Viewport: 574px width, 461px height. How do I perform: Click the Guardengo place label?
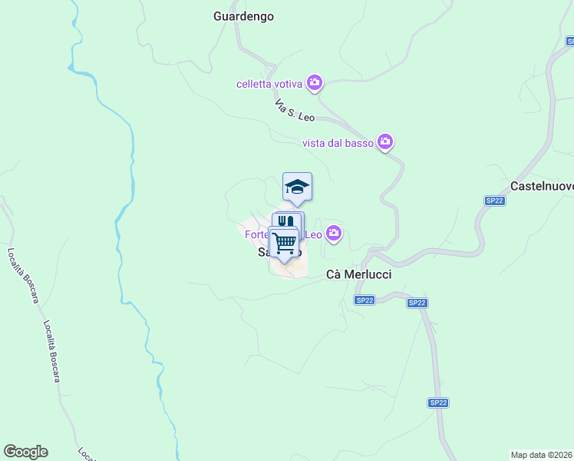243,15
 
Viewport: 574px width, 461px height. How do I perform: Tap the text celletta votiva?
271,83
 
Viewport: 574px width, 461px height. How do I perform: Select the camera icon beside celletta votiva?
314,82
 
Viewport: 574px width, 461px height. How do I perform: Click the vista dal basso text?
338,142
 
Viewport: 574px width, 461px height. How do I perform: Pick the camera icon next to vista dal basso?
385,141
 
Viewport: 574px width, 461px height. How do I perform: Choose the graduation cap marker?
297,187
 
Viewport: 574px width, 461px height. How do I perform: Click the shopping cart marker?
285,243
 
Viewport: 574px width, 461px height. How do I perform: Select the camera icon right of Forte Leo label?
333,233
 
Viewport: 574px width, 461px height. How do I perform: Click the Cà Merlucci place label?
358,274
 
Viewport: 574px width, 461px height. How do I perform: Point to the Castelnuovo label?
542,186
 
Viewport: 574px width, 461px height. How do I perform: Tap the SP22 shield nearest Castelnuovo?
494,201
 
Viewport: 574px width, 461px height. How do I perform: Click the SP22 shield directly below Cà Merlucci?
365,300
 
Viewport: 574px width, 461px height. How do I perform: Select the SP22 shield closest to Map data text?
438,402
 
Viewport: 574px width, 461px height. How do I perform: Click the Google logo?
25,452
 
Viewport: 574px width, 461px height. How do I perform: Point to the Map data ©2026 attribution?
541,455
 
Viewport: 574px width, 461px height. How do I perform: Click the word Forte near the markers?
257,234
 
